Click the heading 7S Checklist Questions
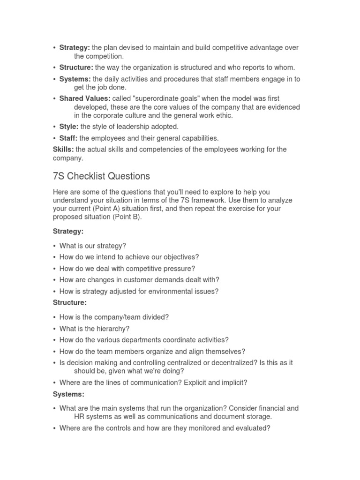pyautogui.click(x=101, y=176)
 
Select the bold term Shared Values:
pyautogui.click(x=85, y=98)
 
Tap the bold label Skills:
pyautogui.click(x=63, y=150)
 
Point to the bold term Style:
pyautogui.click(x=69, y=127)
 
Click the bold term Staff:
pyautogui.click(x=68, y=138)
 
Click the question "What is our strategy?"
pyautogui.click(x=92, y=246)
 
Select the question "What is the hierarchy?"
pyautogui.click(x=94, y=329)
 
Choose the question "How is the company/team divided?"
pyautogui.click(x=114, y=317)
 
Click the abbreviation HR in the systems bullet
pyautogui.click(x=79, y=416)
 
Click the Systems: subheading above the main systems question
pyautogui.click(x=68, y=395)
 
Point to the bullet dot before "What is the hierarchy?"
pyautogui.click(x=55, y=329)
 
